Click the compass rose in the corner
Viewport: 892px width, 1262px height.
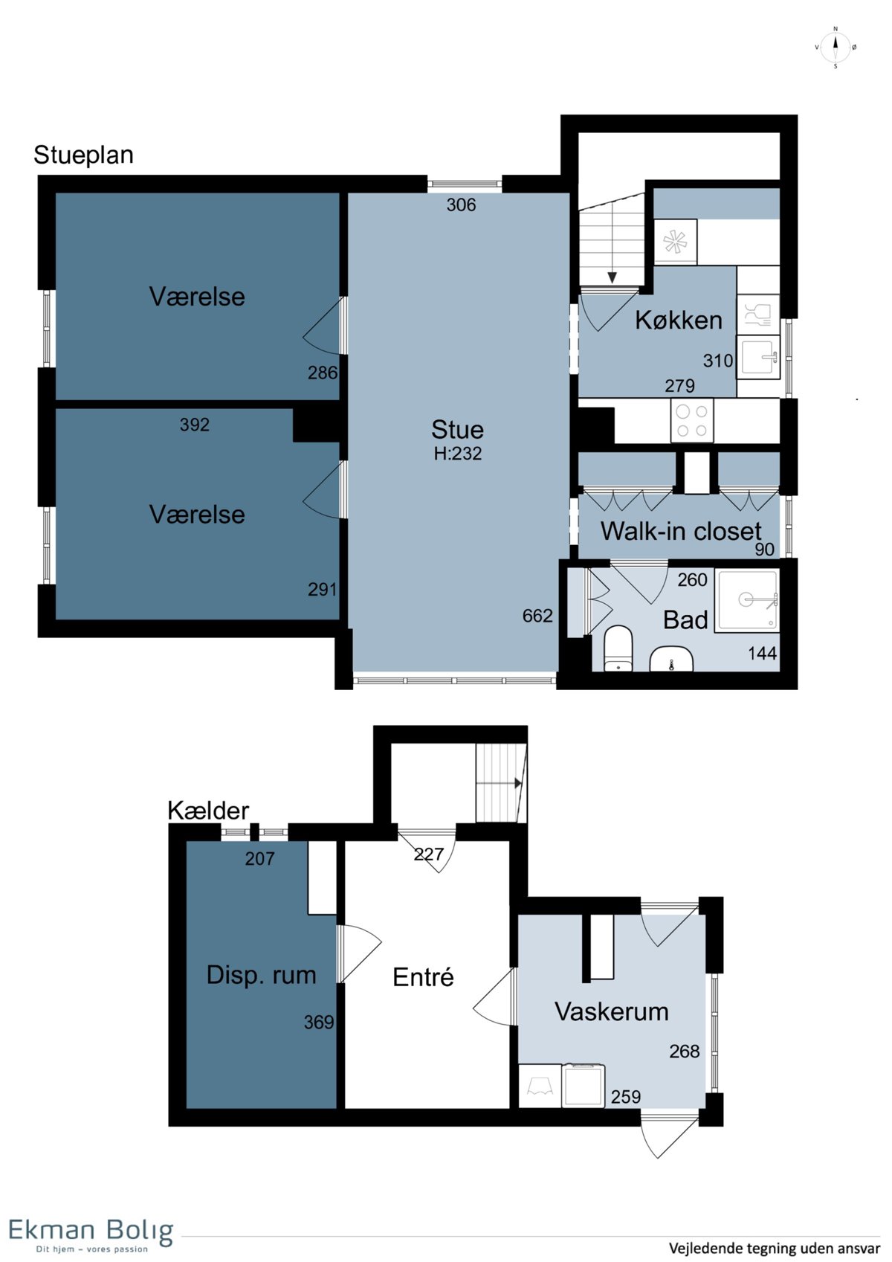(836, 48)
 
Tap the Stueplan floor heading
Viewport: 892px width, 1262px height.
(83, 155)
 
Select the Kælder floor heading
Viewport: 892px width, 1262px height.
(208, 811)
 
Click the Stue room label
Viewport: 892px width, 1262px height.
(457, 429)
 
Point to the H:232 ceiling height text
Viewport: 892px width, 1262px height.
(457, 454)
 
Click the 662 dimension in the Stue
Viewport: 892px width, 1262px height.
(537, 616)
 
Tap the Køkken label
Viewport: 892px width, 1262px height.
(679, 320)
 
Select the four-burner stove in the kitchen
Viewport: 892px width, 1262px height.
(692, 420)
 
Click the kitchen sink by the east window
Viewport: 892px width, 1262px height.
(758, 357)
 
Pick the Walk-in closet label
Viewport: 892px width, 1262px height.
(681, 531)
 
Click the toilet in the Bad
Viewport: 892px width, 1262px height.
(618, 648)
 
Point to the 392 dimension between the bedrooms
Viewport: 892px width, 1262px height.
(194, 424)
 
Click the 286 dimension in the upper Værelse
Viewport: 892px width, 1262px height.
(322, 373)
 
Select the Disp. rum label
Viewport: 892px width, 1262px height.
(262, 975)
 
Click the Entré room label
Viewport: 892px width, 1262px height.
(423, 976)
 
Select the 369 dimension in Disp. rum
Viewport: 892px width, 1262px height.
(319, 1022)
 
